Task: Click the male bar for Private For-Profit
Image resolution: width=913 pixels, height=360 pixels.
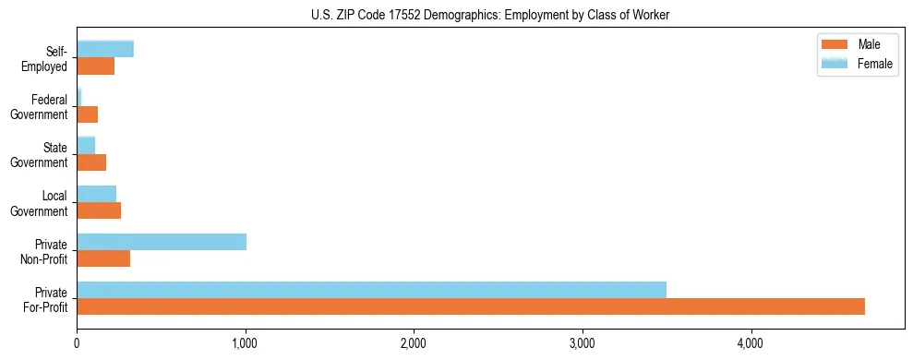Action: (x=471, y=306)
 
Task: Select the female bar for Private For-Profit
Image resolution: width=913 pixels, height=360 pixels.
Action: (x=371, y=290)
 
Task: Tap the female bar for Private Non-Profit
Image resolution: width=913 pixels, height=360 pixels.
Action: (x=162, y=242)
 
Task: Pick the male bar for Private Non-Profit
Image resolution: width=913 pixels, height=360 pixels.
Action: (x=103, y=258)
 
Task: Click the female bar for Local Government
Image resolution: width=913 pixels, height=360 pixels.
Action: (x=97, y=194)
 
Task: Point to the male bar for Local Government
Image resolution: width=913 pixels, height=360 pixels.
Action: (x=99, y=210)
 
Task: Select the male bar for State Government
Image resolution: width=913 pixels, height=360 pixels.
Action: (x=91, y=162)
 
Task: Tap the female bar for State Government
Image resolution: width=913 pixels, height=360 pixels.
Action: (x=86, y=146)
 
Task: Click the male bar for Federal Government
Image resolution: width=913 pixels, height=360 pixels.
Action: (x=88, y=114)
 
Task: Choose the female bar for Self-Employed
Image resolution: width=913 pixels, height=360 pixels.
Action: (x=105, y=50)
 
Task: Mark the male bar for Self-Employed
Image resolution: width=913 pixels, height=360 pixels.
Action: (x=96, y=66)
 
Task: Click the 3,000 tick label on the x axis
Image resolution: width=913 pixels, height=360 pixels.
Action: (x=583, y=344)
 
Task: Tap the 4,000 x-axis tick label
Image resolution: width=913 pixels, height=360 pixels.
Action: (x=751, y=344)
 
